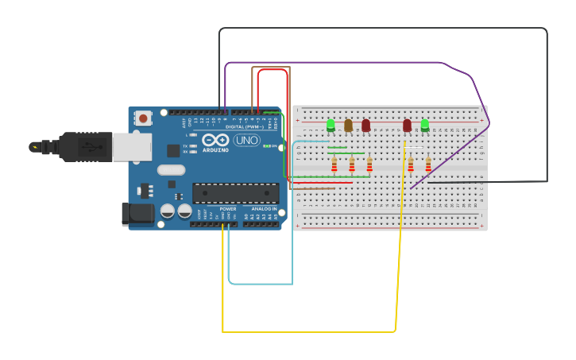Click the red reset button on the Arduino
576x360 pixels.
pos(143,118)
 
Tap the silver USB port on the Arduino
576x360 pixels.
pos(131,147)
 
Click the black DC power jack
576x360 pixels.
pos(134,213)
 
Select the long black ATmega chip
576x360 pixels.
pos(235,193)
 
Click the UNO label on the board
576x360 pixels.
pos(246,141)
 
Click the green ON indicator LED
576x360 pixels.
pos(266,146)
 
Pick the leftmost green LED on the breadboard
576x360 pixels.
pos(331,125)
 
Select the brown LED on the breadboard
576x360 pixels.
pos(348,125)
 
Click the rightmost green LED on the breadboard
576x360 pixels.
pos(424,125)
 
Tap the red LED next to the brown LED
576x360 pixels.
pos(365,125)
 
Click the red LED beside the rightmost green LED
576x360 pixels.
pos(407,125)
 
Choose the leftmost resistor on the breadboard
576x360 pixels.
pos(334,165)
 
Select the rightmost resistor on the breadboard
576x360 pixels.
pos(428,165)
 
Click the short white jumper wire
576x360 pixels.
pos(415,148)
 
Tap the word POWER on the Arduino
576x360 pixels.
pos(228,209)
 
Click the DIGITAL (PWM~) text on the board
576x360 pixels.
pos(244,126)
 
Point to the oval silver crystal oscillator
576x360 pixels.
pos(171,169)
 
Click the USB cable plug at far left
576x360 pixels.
pos(48,147)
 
